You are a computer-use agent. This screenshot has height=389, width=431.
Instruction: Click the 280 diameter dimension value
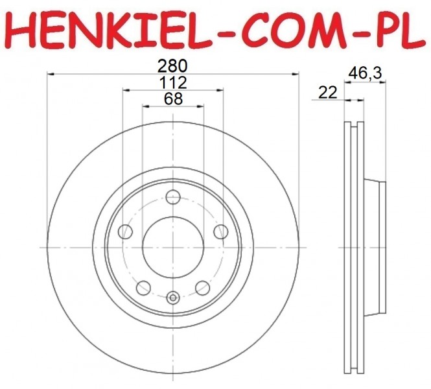click(172, 66)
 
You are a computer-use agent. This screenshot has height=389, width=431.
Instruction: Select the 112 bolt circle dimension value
click(173, 82)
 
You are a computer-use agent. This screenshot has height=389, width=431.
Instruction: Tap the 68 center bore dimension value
click(173, 99)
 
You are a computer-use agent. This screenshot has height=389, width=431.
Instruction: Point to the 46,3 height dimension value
click(365, 73)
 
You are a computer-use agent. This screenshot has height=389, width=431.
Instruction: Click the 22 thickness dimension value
click(327, 92)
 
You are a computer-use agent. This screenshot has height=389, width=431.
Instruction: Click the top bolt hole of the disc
click(173, 197)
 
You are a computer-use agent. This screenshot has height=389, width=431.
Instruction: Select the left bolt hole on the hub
click(125, 231)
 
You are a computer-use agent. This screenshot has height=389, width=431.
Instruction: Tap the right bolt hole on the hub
click(221, 231)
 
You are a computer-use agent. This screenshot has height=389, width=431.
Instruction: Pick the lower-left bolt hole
click(143, 288)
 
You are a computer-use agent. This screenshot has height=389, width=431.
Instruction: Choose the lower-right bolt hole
click(203, 288)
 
